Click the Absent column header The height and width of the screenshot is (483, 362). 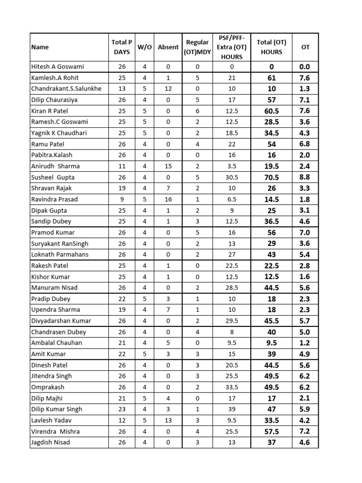point(168,47)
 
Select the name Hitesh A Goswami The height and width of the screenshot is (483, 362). point(58,67)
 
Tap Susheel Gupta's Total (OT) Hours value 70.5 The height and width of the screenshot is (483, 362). point(271,177)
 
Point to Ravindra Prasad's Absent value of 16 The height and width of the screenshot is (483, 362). point(168,199)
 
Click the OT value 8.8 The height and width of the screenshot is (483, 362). point(305,177)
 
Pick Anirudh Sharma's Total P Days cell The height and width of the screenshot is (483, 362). point(121,166)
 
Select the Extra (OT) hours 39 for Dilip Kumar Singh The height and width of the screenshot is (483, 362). point(231,409)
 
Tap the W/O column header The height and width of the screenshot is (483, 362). point(144,47)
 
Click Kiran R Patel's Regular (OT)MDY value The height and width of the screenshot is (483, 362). point(197,111)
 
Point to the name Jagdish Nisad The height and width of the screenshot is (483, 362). point(50,442)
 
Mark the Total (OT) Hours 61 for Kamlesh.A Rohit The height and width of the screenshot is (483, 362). point(271,78)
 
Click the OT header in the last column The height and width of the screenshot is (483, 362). point(305,47)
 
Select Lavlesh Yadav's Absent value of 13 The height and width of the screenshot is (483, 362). point(168,420)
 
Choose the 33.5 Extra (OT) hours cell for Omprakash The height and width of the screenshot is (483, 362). point(231,387)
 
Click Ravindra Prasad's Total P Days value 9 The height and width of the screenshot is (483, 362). point(121,199)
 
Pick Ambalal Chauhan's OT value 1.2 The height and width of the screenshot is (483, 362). point(305,343)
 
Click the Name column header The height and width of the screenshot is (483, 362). point(40,47)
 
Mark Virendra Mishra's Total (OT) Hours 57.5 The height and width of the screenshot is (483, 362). point(271,431)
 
